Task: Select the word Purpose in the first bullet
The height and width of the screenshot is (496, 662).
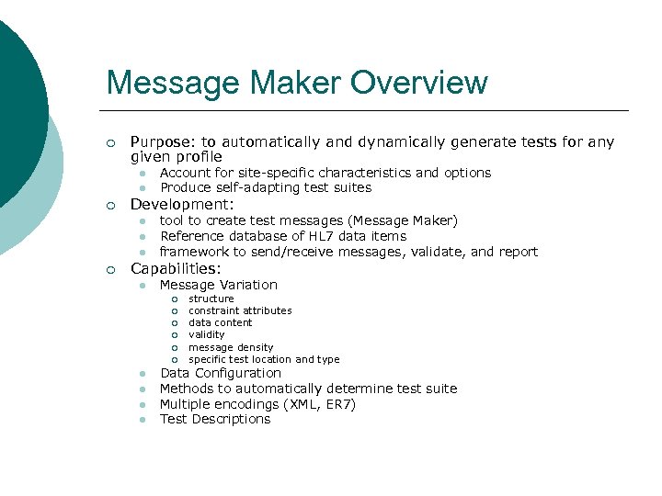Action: coord(162,142)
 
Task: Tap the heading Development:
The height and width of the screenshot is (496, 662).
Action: coord(182,204)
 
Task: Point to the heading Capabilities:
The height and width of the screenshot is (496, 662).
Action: coord(176,269)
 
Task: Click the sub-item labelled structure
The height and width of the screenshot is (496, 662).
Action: coord(211,299)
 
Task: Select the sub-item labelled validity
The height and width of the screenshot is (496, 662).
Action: coord(206,335)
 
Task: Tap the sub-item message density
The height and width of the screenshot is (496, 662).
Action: coord(231,347)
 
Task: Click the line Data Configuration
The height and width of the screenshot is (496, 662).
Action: coord(221,373)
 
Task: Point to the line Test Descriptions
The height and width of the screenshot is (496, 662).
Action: coord(215,419)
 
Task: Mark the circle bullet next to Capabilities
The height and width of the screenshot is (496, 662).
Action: coord(110,270)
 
